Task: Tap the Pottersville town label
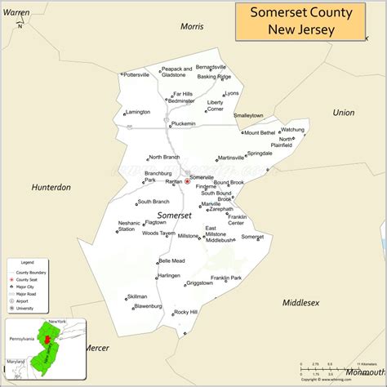(136, 74)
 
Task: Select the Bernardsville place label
(211, 66)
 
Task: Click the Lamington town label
(139, 112)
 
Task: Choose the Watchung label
(292, 129)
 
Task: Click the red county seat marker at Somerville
(187, 182)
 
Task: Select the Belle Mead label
(171, 260)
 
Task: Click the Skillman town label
(137, 297)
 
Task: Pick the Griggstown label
(199, 283)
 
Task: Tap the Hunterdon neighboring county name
(51, 187)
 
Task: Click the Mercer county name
(96, 348)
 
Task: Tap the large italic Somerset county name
(174, 215)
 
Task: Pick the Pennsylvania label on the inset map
(20, 338)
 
